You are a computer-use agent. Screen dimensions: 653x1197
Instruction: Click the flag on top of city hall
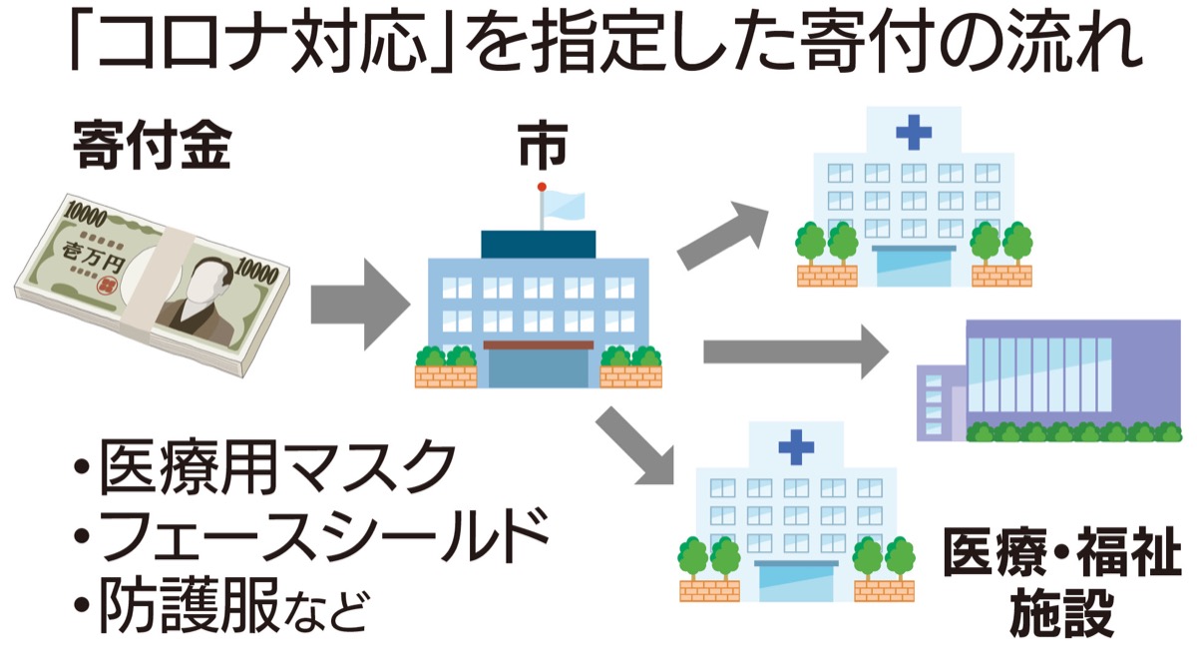(x=562, y=204)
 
